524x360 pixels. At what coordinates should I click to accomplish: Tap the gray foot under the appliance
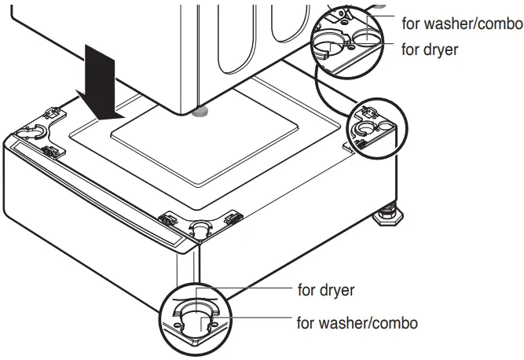tap(201, 111)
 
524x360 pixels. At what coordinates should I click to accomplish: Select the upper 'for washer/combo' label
tap(462, 24)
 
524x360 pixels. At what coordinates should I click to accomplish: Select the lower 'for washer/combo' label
tap(357, 323)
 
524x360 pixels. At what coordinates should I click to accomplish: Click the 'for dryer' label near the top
tap(430, 49)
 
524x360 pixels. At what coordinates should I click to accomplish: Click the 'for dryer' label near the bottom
tap(326, 290)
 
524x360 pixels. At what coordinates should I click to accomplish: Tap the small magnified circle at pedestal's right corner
tap(373, 129)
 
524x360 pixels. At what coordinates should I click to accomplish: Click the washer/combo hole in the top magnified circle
tap(364, 35)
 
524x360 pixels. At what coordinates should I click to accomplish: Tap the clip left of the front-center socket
tap(168, 218)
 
